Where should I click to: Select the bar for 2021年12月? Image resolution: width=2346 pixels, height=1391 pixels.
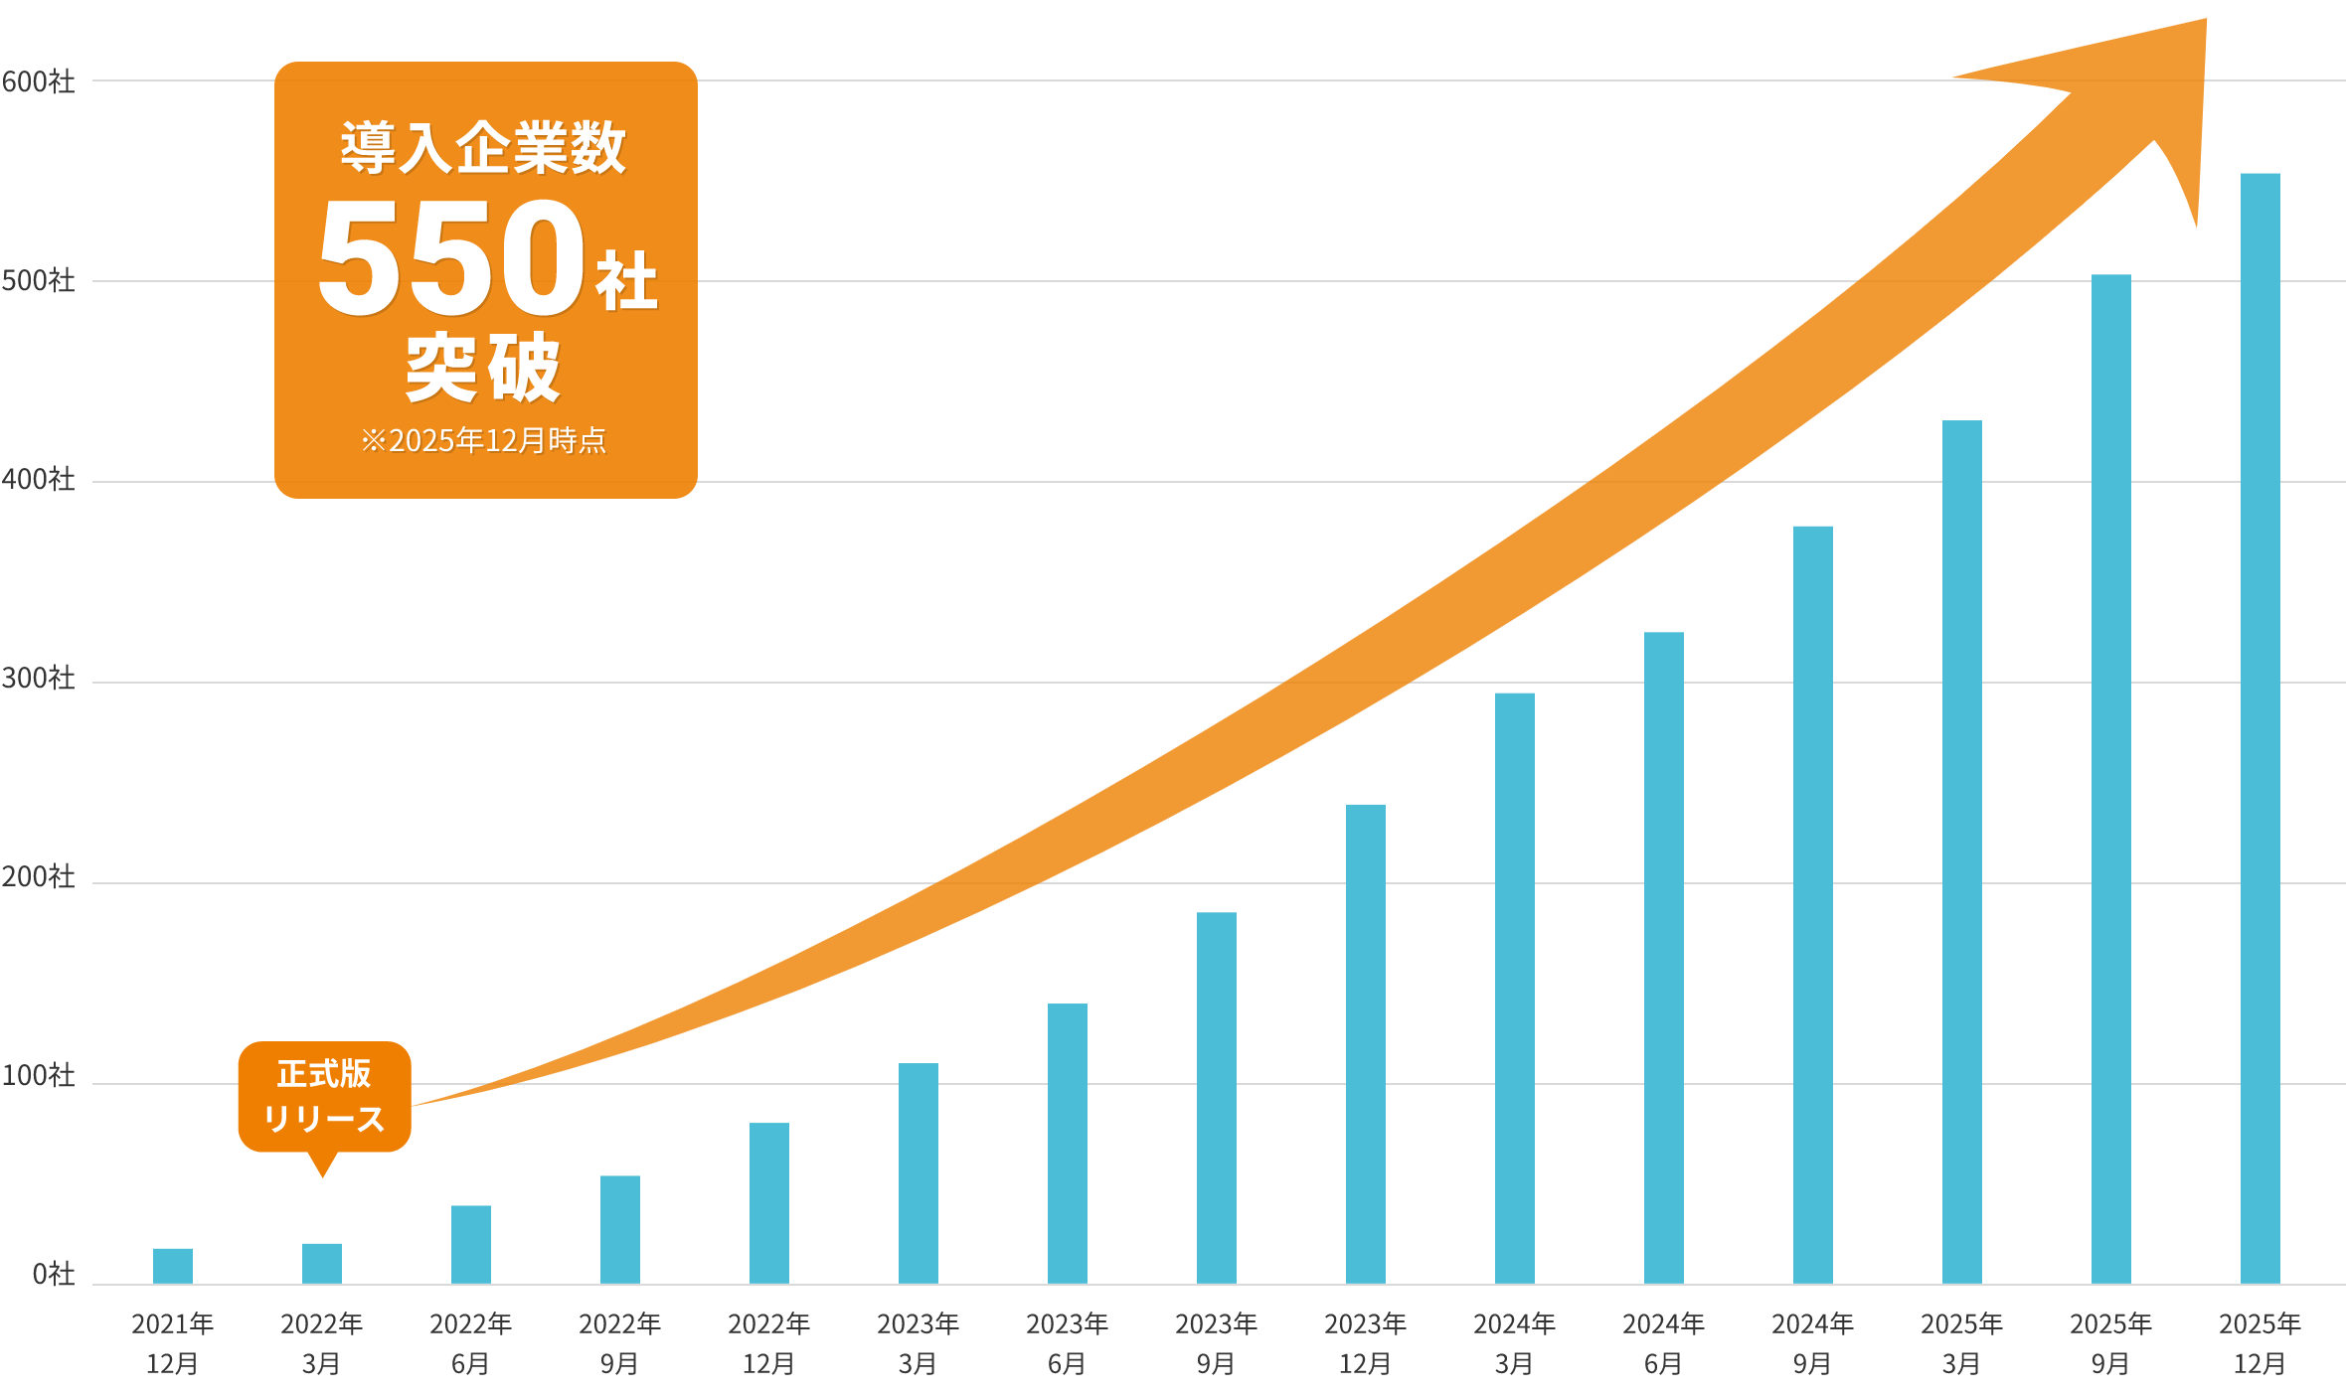[x=173, y=1266]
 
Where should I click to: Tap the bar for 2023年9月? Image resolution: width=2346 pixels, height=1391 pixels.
[x=1216, y=1098]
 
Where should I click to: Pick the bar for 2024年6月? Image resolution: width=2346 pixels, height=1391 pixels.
[x=1663, y=958]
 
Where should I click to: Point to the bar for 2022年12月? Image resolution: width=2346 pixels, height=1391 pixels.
[x=768, y=1203]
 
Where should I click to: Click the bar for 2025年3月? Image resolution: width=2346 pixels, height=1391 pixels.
[x=1961, y=851]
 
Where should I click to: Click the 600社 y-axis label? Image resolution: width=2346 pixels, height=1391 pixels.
[x=38, y=81]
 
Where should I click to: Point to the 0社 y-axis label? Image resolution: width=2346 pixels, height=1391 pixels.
[x=53, y=1274]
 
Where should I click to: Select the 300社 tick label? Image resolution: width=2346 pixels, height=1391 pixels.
[x=38, y=678]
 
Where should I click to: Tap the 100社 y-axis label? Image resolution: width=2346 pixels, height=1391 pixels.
[x=38, y=1075]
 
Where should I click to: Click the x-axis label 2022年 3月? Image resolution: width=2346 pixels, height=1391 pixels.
[x=321, y=1342]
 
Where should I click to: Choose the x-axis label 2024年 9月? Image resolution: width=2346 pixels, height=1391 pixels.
[x=1812, y=1342]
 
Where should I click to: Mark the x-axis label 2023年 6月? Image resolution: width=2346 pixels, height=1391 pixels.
[x=1067, y=1342]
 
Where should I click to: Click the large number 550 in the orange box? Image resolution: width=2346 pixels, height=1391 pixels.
[x=451, y=258]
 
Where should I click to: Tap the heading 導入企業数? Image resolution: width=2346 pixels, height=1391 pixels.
[x=484, y=148]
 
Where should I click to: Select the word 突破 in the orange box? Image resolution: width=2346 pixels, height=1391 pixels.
[x=484, y=368]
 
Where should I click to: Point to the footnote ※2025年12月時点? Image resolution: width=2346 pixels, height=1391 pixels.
[x=484, y=440]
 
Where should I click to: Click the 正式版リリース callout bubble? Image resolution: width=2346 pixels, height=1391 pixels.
[x=324, y=1096]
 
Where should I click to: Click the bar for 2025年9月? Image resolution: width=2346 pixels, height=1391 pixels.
[x=2110, y=779]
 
